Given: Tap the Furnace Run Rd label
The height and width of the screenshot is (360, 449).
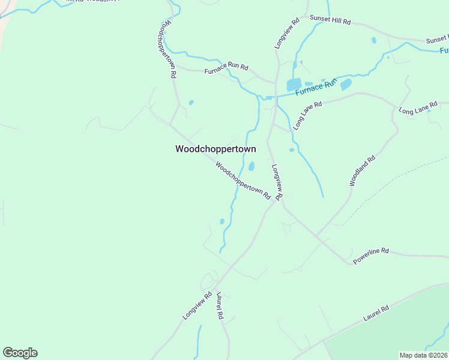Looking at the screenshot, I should coord(226,69).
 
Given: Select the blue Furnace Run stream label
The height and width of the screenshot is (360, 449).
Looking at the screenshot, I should coord(316,87).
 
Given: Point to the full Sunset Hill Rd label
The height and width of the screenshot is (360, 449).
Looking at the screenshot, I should coord(330,20).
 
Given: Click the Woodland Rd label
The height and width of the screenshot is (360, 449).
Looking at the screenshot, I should coord(362,170).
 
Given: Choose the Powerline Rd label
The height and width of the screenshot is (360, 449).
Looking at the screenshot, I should coord(370,256).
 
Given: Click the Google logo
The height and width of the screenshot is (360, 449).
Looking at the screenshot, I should coord(20,353).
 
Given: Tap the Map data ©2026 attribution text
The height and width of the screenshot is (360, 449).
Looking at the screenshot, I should coord(423,355).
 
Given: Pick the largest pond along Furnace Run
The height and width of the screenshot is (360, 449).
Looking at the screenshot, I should coord(294,85).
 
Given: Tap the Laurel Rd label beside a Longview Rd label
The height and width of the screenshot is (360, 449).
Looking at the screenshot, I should coord(219,306).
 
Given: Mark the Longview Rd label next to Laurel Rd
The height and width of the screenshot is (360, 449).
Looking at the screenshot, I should coord(197,305).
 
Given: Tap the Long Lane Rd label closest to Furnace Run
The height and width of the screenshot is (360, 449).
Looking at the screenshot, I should coord(308,115).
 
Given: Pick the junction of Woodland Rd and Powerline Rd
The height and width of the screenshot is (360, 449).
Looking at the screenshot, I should coord(317,236).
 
